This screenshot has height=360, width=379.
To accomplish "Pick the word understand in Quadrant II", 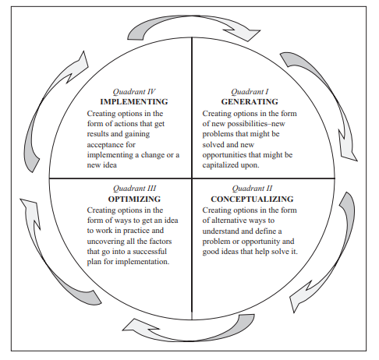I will point(225,231).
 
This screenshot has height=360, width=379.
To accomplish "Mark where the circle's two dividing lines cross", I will point(191,178).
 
